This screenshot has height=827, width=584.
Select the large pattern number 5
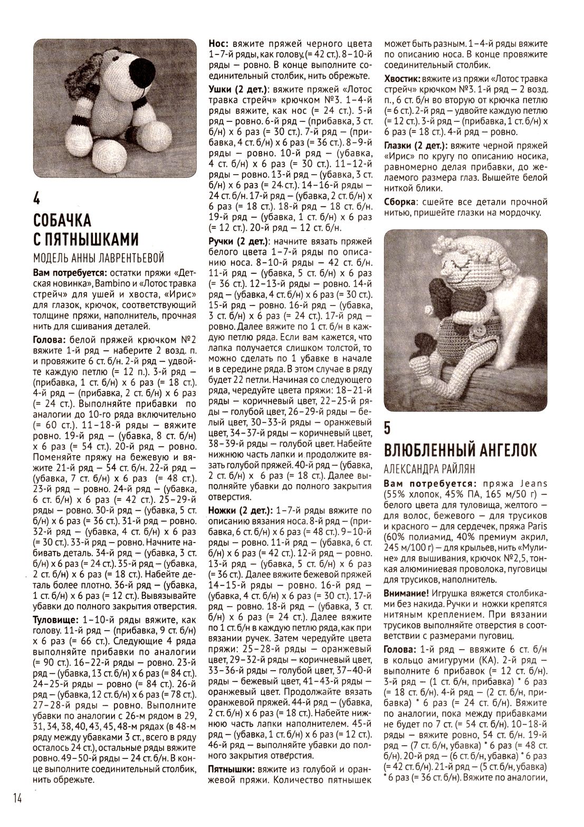pyautogui.click(x=388, y=427)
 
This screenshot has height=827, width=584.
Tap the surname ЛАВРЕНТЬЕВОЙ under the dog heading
pyautogui.click(x=130, y=258)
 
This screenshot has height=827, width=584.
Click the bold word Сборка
pyautogui.click(x=400, y=202)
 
